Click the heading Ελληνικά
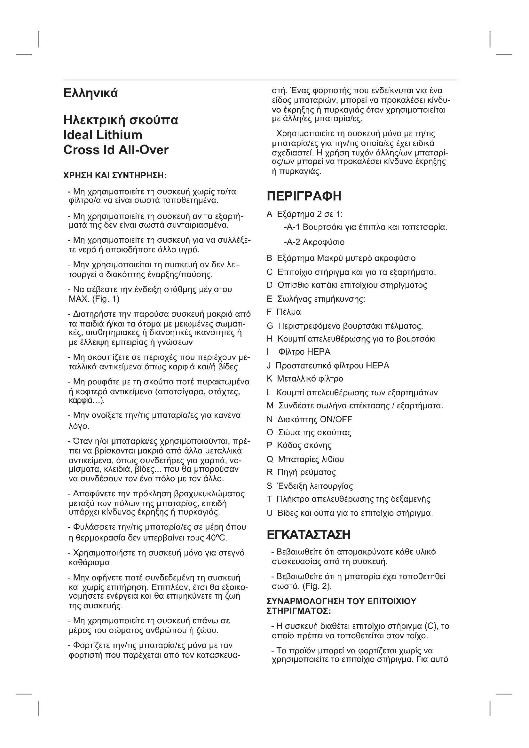point(90,93)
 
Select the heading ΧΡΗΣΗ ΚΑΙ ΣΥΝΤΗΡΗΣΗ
point(115,176)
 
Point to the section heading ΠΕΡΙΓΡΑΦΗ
point(304,196)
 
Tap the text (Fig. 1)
point(106,299)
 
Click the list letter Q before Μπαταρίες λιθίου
point(270,459)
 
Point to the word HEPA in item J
point(377,366)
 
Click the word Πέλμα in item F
point(288,312)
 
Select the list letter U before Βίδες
point(269,514)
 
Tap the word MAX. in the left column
point(78,299)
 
